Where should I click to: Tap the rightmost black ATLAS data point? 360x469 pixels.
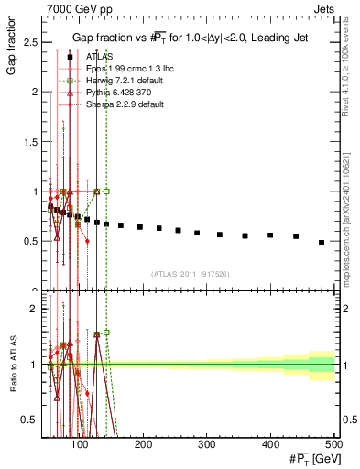coord(321,242)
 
